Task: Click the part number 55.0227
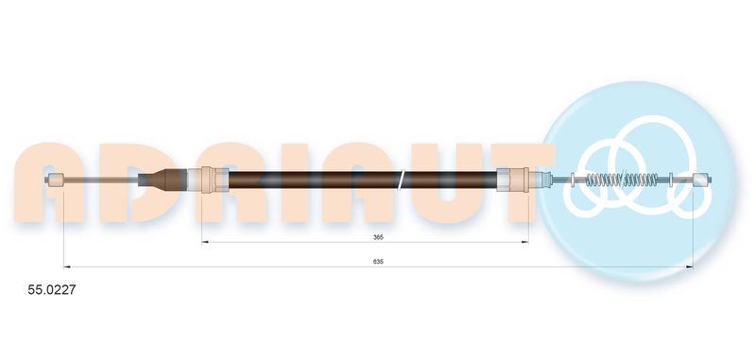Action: click(x=52, y=290)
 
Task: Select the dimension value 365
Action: click(x=378, y=237)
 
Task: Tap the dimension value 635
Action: click(x=378, y=262)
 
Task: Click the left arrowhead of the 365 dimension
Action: click(x=204, y=243)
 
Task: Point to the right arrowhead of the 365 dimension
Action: click(x=525, y=243)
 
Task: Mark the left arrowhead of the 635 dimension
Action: click(x=67, y=266)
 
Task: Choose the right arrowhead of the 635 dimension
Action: click(x=690, y=266)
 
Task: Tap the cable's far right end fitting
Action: click(x=701, y=180)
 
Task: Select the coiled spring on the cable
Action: click(x=622, y=180)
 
